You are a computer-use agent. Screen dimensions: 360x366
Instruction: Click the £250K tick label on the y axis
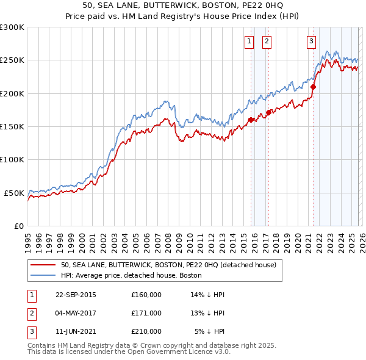point(12,60)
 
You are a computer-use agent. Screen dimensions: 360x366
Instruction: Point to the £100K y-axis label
point(12,159)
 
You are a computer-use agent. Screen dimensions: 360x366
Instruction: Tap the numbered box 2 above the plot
point(267,41)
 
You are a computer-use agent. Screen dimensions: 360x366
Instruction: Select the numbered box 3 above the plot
point(311,41)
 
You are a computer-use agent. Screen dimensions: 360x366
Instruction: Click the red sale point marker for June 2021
point(313,87)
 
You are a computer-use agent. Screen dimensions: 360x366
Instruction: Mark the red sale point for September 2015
point(251,120)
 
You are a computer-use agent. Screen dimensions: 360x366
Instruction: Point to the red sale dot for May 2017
point(268,112)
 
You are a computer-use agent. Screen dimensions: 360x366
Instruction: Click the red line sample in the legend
point(43,265)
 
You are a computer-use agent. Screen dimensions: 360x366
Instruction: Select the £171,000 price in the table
point(146,313)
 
